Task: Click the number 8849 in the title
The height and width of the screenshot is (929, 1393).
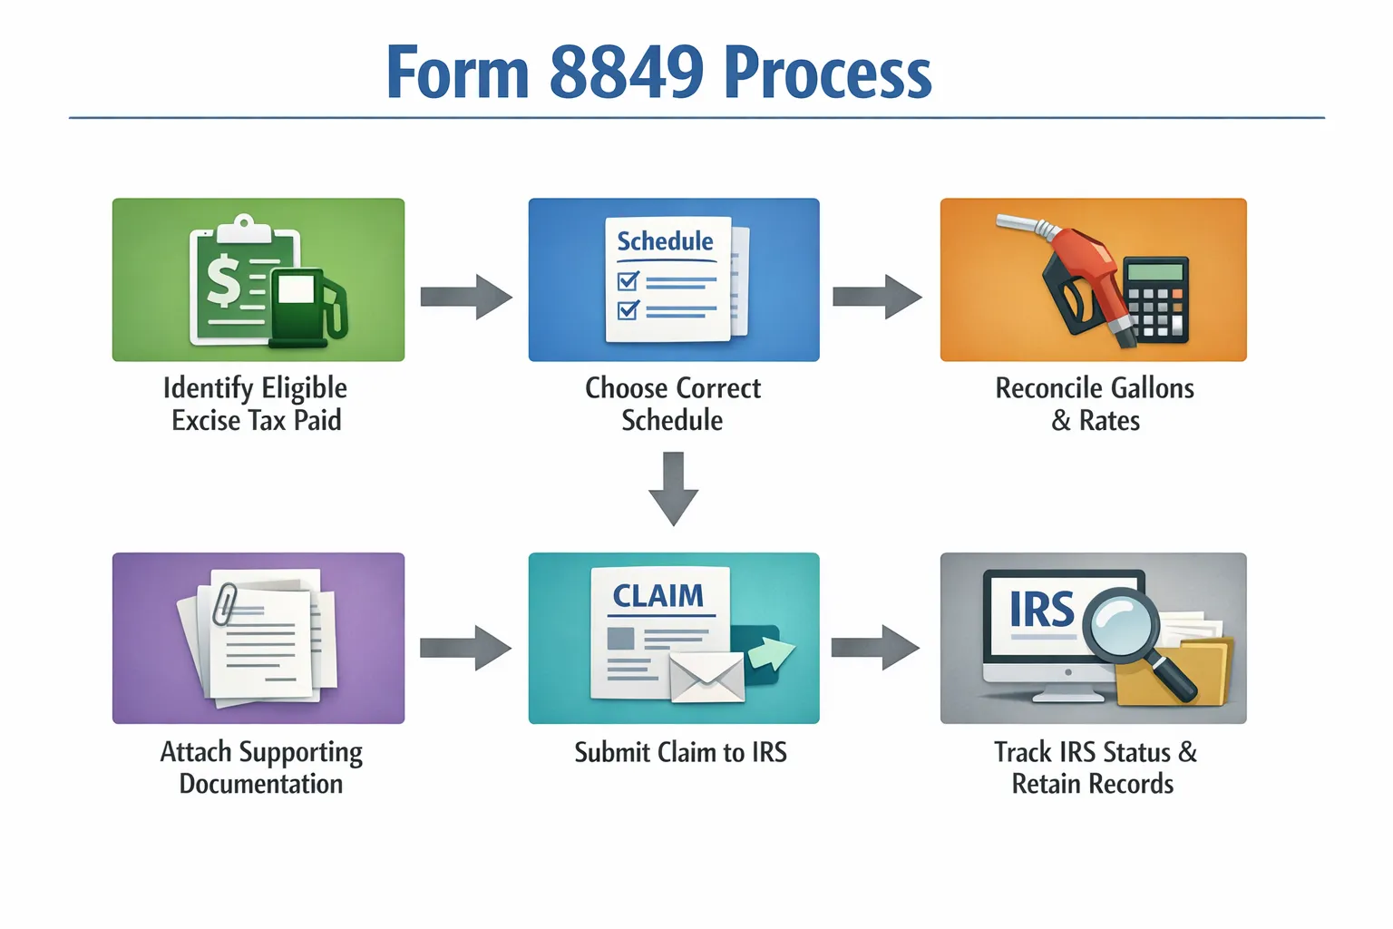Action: point(626,73)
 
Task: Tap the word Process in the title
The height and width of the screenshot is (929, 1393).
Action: point(828,73)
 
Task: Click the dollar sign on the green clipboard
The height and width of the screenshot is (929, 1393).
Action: point(223,280)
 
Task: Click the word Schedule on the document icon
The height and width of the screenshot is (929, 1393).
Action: point(665,241)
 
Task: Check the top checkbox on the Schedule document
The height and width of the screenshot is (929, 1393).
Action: point(628,280)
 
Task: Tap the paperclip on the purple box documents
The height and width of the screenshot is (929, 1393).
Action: point(224,604)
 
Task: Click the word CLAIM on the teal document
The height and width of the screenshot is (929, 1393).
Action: point(658,596)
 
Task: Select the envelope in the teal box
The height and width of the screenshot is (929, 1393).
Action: point(706,678)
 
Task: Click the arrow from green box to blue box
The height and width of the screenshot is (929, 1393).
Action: point(466,297)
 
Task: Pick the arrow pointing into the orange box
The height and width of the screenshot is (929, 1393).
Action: point(877,297)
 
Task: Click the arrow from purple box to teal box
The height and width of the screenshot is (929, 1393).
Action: point(465,648)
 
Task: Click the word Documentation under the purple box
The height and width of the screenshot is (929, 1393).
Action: point(261,784)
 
